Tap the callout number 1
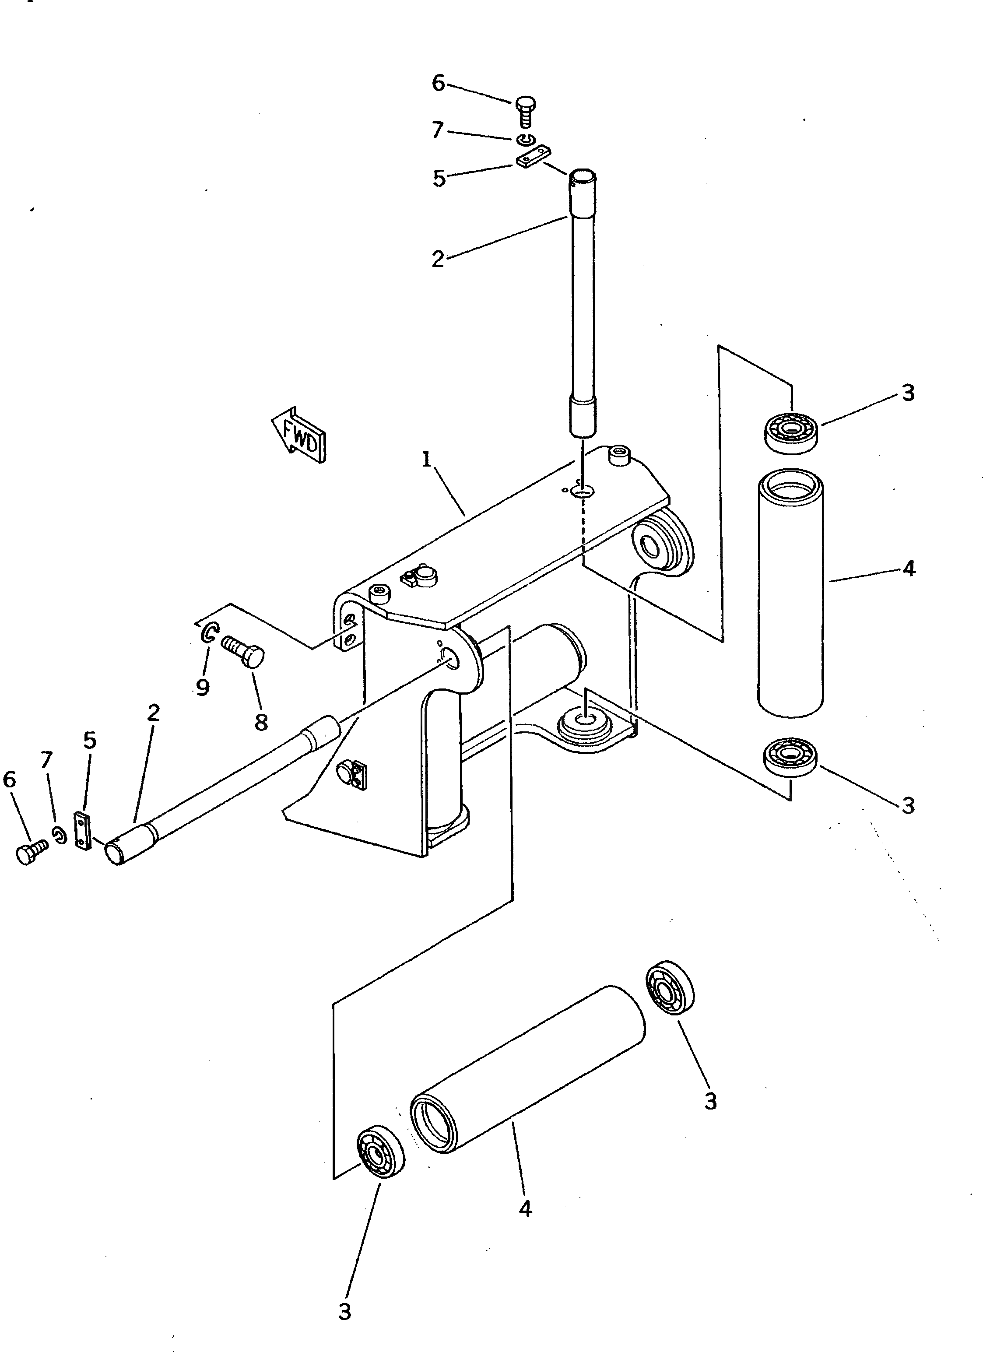(x=426, y=461)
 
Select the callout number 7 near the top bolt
(x=438, y=130)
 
